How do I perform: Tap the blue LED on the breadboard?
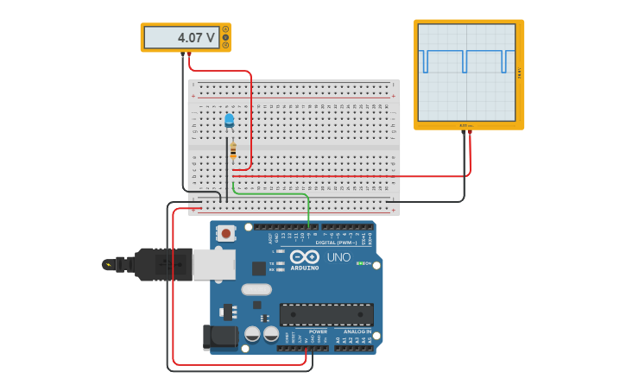pos(229,121)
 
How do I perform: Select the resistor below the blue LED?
pos(232,150)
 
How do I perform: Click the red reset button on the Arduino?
pos(226,233)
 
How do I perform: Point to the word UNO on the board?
pos(338,257)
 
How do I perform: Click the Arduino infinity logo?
pos(304,256)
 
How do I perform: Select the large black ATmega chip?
pos(326,314)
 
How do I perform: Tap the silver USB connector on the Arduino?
pos(214,265)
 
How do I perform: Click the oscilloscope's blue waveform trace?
pos(466,54)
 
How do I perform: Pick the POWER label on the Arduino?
pos(318,331)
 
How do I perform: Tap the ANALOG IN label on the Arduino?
pos(357,331)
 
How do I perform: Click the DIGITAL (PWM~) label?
pos(336,243)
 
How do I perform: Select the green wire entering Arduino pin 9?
pos(308,211)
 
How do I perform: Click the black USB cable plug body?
pos(163,264)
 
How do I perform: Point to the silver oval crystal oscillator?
pos(256,289)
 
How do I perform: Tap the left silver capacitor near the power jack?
pos(252,333)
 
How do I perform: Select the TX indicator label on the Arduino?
pos(271,263)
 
